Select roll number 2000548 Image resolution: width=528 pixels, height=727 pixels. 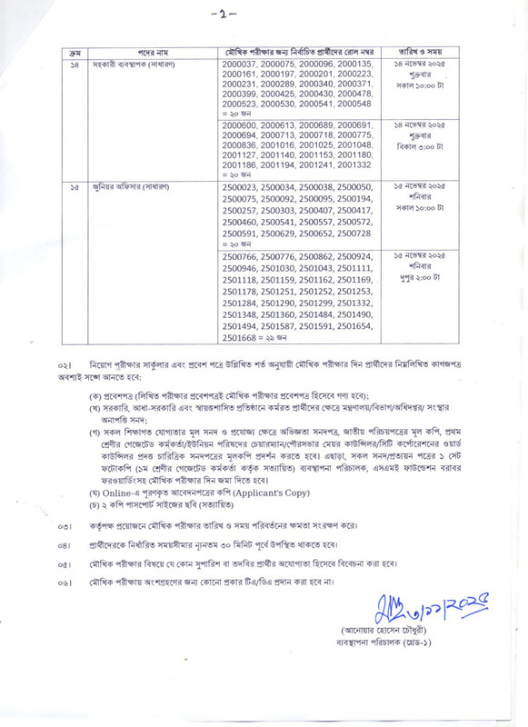354,106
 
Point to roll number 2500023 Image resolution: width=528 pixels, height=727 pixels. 240,186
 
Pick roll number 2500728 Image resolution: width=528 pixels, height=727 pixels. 354,234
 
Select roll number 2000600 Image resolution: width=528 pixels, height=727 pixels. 240,124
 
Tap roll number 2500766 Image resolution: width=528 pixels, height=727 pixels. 240,258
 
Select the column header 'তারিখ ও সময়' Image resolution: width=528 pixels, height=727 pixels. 423,53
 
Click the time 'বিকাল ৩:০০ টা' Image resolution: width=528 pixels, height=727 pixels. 423,145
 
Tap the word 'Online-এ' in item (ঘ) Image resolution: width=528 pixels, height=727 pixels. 116,492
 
